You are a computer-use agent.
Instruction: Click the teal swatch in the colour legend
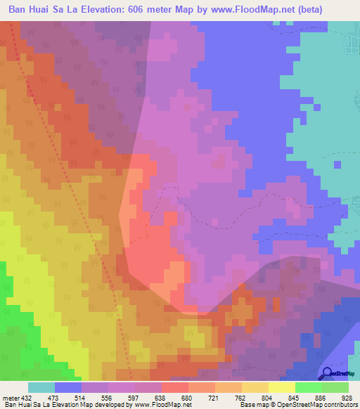coord(41,387)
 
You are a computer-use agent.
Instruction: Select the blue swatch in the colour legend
coord(68,387)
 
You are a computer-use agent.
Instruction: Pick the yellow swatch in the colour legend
coord(282,387)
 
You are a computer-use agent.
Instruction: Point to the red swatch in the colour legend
coord(175,387)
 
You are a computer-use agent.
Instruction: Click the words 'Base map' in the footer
coord(255,404)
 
